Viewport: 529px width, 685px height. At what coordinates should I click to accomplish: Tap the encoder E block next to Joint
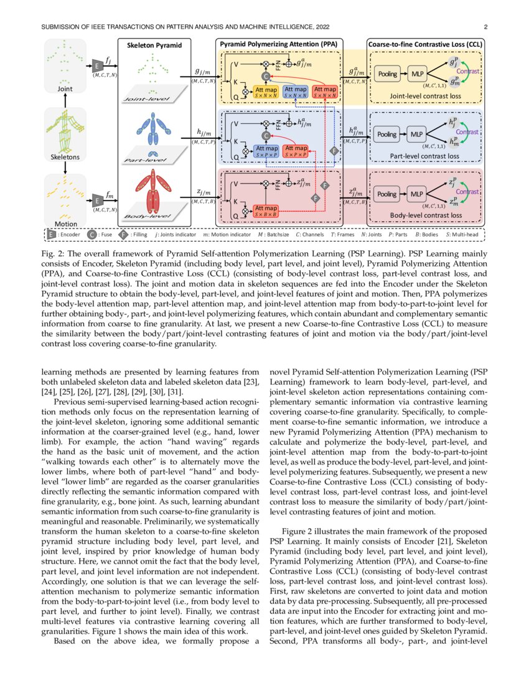(98, 65)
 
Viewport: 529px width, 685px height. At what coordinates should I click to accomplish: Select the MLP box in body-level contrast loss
(418, 194)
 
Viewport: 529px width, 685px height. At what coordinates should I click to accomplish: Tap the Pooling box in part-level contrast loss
(387, 134)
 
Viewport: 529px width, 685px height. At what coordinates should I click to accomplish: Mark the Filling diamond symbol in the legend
(123, 234)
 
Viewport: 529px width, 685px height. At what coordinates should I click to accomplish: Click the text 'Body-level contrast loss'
(426, 215)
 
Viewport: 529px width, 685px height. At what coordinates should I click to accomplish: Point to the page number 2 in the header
(484, 27)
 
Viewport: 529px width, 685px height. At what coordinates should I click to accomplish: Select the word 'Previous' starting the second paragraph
(72, 402)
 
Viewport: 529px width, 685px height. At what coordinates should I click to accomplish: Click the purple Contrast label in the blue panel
(467, 133)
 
